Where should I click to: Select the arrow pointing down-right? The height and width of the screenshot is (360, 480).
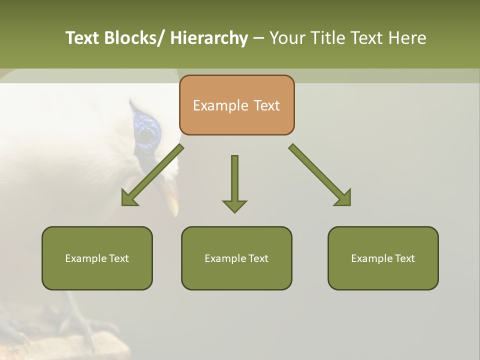[320, 175]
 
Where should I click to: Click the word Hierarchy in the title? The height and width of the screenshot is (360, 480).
[209, 38]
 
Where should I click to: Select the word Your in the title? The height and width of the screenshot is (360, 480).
[287, 38]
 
